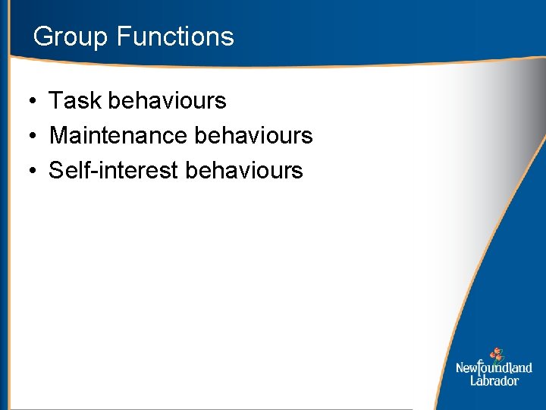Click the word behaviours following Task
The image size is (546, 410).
pos(168,100)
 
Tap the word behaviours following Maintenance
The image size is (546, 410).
pos(253,135)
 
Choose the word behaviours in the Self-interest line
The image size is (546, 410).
pos(243,170)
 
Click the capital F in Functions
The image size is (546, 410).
pos(123,36)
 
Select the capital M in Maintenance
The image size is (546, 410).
pos(58,135)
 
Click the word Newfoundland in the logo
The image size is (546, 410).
pos(494,368)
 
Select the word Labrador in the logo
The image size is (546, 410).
pos(494,380)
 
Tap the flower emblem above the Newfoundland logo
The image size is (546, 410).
pos(496,354)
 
